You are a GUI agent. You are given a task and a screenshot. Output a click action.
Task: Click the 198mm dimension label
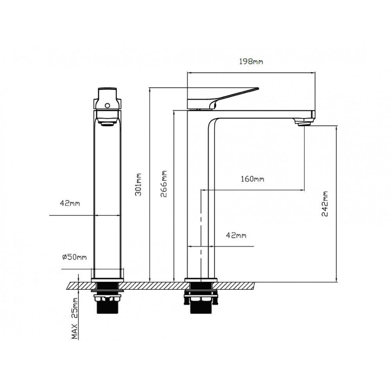click(x=251, y=61)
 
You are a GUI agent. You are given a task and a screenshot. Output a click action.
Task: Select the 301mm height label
click(x=138, y=185)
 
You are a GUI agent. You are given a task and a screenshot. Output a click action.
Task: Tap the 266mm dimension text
click(x=163, y=184)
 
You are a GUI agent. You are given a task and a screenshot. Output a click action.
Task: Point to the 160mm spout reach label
click(x=252, y=179)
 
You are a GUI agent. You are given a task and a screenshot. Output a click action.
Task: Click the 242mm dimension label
click(x=325, y=204)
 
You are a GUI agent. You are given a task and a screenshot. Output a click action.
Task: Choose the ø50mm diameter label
click(x=74, y=257)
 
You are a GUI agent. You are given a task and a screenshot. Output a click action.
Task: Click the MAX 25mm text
click(x=75, y=318)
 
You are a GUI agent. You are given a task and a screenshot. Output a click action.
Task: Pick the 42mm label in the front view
click(x=70, y=203)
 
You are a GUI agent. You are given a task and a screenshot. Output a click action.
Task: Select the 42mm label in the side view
click(x=236, y=235)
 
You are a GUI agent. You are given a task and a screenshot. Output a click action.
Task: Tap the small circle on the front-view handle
click(x=108, y=106)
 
